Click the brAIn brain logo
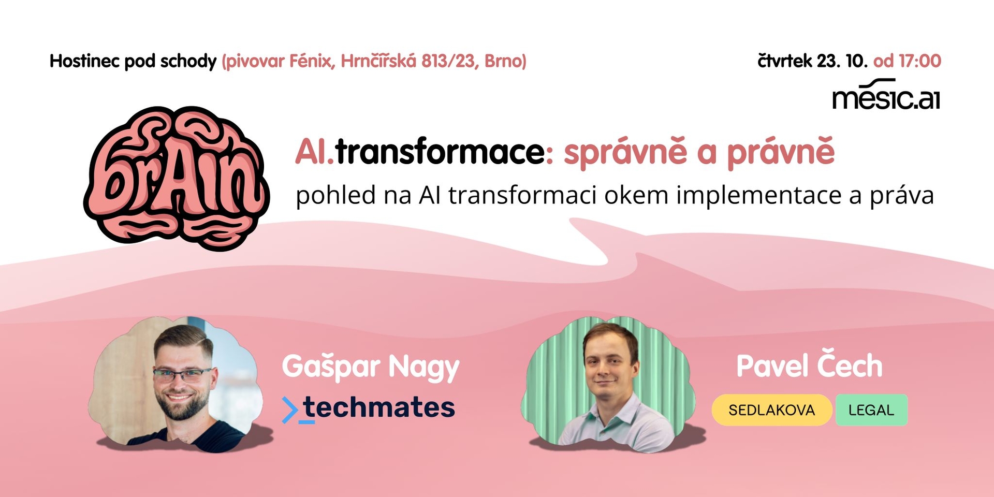coord(176,179)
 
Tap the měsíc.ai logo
coord(886,95)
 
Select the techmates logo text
coord(378,407)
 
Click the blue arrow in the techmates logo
coord(290,410)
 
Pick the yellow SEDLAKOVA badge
coord(772,410)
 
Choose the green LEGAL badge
coord(871,410)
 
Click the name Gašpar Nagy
coord(371,367)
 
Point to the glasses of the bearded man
coord(182,374)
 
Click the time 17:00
coord(920,61)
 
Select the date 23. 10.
coord(842,61)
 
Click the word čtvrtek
coord(785,61)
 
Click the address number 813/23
coord(448,61)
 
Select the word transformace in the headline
coord(440,152)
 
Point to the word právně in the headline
coord(781,153)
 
